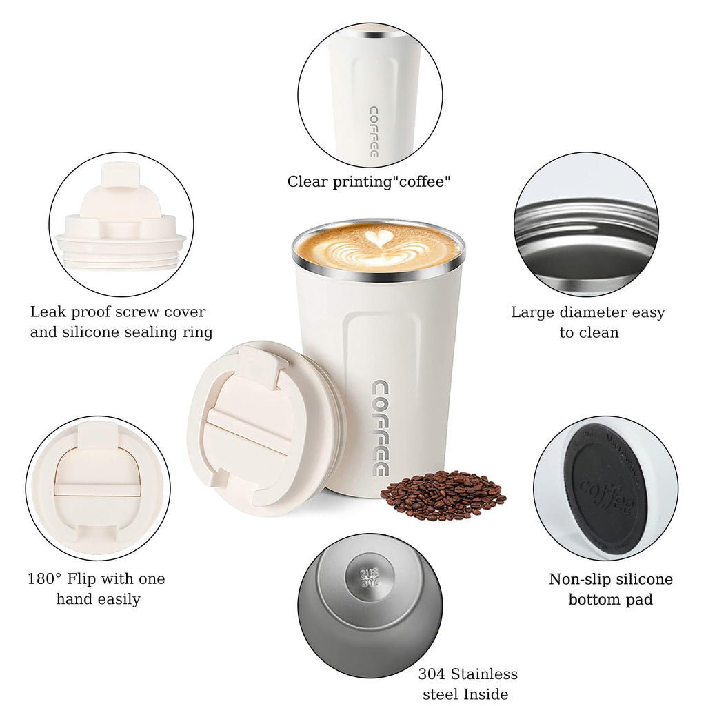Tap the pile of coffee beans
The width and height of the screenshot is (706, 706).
pyautogui.click(x=442, y=495)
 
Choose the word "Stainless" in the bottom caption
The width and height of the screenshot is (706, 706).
pyautogui.click(x=488, y=674)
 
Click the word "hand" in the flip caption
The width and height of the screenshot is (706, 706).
pyautogui.click(x=74, y=599)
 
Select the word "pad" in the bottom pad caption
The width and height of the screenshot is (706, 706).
pyautogui.click(x=641, y=599)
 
